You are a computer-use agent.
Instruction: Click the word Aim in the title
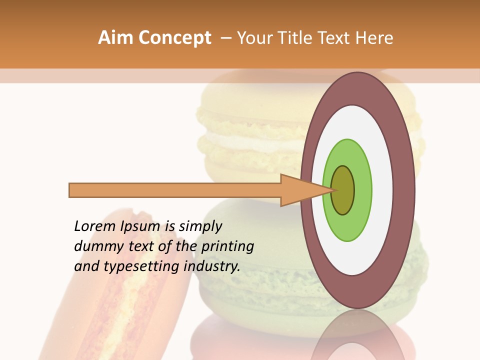click(x=115, y=38)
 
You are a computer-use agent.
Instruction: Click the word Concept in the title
click(x=174, y=38)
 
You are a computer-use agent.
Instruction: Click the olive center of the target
click(x=343, y=190)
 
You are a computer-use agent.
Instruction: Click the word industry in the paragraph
click(x=212, y=266)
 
